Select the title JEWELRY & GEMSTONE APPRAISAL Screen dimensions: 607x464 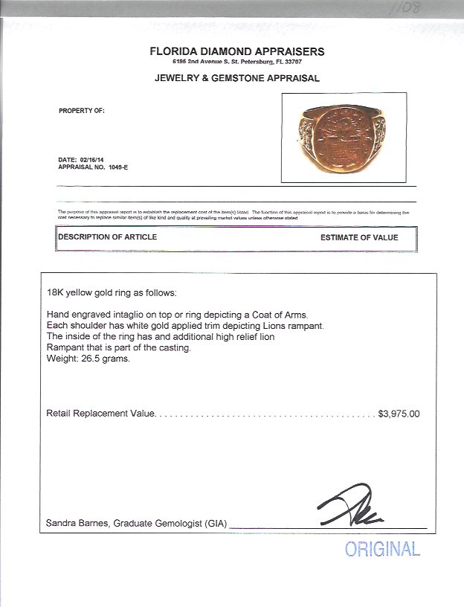pyautogui.click(x=238, y=77)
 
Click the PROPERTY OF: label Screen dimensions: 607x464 pyautogui.click(x=82, y=110)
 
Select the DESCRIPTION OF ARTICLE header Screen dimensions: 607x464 pyautogui.click(x=108, y=237)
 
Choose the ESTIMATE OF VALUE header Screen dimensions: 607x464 pyautogui.click(x=359, y=238)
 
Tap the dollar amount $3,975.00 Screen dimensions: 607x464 pyautogui.click(x=399, y=414)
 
